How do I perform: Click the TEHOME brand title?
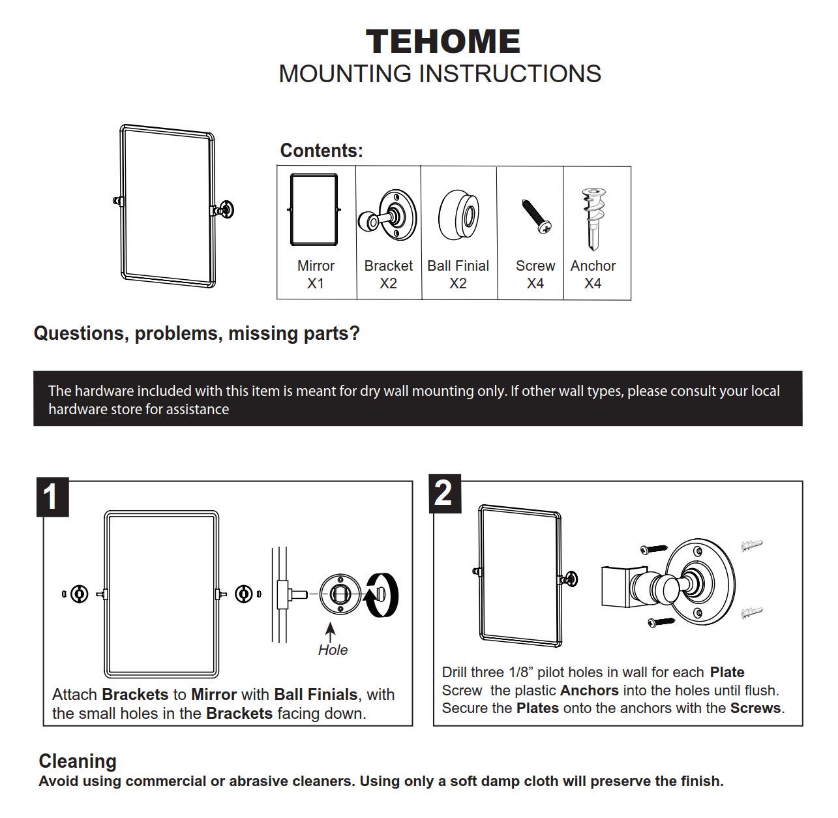pos(443,42)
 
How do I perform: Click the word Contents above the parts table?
pos(321,151)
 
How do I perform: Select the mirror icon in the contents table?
pos(314,209)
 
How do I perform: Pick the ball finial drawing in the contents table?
pos(459,213)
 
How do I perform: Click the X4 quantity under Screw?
pos(535,284)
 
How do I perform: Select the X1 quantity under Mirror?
pos(316,284)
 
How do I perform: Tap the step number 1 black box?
pos(52,498)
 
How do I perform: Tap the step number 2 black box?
pos(443,493)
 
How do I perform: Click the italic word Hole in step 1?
pos(333,650)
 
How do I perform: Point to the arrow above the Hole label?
pos(331,631)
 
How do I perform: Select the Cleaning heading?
pos(78,761)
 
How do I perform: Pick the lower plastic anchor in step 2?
pos(752,613)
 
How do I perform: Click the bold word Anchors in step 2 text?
pos(589,690)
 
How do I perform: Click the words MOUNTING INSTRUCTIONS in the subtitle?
pos(440,74)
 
